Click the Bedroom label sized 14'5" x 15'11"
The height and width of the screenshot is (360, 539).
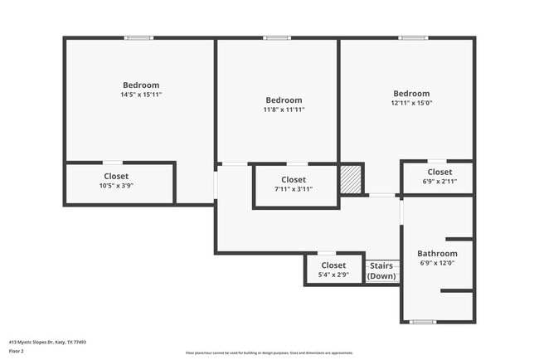pos(141,85)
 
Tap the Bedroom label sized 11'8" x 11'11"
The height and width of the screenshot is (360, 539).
pos(284,100)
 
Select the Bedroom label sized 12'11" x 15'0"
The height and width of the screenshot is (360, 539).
pos(411,94)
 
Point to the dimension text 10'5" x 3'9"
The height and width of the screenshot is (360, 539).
pos(116,186)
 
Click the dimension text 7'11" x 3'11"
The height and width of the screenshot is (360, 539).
pos(294,189)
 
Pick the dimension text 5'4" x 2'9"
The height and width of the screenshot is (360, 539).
pos(333,275)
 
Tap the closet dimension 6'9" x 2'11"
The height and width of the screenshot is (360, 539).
pos(439,181)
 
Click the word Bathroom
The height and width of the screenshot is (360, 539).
pos(437,254)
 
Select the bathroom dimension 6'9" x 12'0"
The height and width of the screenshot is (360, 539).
pos(437,264)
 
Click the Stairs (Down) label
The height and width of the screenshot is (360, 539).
pos(382,271)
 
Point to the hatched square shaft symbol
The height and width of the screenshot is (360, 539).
pos(352,179)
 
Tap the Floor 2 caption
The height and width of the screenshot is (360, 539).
pos(17,351)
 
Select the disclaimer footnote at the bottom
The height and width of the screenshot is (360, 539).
pos(269,353)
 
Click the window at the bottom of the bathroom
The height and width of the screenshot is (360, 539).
pos(423,322)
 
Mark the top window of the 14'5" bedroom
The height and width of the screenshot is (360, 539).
pos(138,37)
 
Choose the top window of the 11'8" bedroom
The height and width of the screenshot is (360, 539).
pos(277,37)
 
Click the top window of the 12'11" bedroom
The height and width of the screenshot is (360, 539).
pos(412,37)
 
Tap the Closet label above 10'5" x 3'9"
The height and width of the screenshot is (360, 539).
pos(116,176)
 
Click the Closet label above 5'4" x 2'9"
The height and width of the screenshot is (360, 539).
pos(333,265)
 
